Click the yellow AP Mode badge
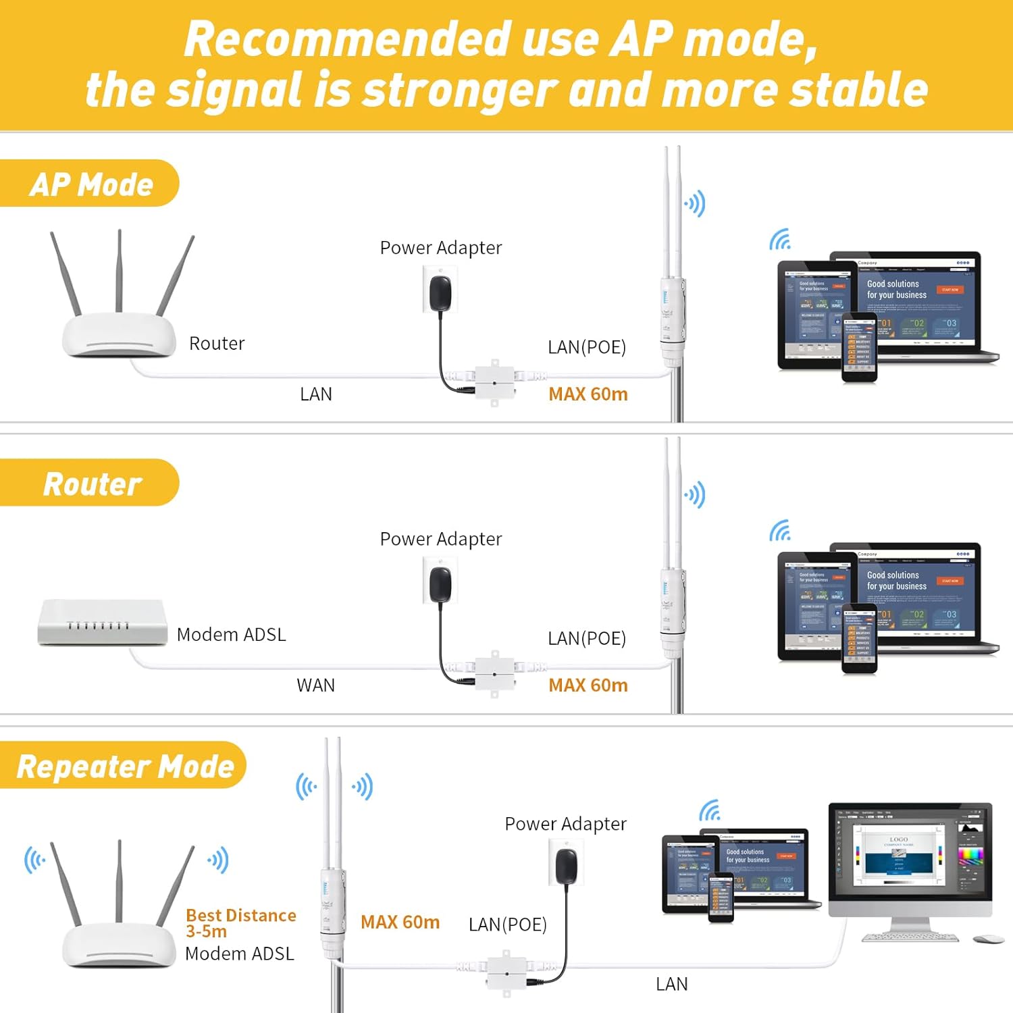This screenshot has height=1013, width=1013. click(90, 184)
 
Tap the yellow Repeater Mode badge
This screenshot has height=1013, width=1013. click(125, 766)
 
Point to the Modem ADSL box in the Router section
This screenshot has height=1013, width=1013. click(102, 622)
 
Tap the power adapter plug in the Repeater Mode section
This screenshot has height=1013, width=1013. click(566, 865)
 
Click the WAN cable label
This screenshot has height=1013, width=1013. click(315, 685)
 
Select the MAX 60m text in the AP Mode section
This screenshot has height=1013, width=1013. click(588, 394)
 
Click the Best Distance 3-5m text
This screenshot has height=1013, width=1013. click(240, 923)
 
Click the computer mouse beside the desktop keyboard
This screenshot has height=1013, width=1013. click(989, 939)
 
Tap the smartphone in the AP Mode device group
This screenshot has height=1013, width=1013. click(859, 347)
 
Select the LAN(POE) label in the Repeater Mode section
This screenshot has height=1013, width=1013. click(507, 924)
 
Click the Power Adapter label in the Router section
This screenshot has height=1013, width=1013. click(440, 539)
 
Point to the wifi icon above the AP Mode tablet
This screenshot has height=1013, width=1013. click(780, 239)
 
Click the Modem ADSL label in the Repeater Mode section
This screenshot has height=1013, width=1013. click(239, 954)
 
